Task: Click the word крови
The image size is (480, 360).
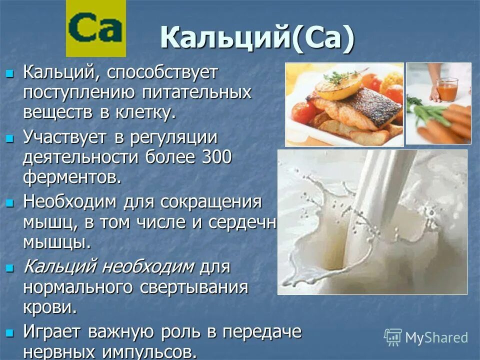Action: (x=49, y=307)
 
